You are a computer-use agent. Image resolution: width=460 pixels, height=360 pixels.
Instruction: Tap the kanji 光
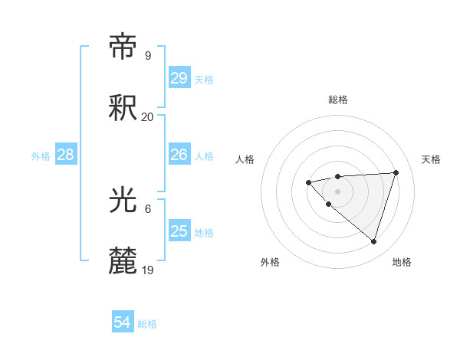click(x=123, y=201)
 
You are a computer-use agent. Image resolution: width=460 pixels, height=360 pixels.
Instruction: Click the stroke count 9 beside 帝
click(x=147, y=56)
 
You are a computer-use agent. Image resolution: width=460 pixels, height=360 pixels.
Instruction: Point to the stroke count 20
click(x=147, y=117)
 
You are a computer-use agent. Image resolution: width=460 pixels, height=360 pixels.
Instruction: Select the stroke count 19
click(x=147, y=270)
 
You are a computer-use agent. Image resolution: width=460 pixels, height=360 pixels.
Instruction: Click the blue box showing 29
click(x=179, y=78)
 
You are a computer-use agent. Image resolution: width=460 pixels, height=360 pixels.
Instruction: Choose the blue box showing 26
click(x=179, y=155)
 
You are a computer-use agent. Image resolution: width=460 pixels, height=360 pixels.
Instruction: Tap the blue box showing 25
click(x=179, y=231)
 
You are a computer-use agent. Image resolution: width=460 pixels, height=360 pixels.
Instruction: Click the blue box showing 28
click(x=66, y=155)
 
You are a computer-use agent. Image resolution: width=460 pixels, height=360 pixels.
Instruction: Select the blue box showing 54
click(x=123, y=322)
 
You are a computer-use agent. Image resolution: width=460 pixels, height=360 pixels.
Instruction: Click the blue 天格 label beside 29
click(x=204, y=80)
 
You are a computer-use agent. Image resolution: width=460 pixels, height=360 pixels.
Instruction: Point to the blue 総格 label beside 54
click(x=147, y=324)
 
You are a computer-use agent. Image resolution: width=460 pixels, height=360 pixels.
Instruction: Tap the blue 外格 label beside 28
click(x=41, y=156)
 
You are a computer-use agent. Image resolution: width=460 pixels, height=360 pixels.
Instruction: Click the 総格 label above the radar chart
click(x=337, y=100)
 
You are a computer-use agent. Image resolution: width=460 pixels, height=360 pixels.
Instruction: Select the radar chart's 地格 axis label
click(x=402, y=262)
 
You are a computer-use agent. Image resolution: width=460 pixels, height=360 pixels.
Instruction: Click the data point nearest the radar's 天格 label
click(x=396, y=172)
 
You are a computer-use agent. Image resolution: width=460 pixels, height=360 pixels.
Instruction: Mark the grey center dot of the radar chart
click(x=337, y=191)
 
